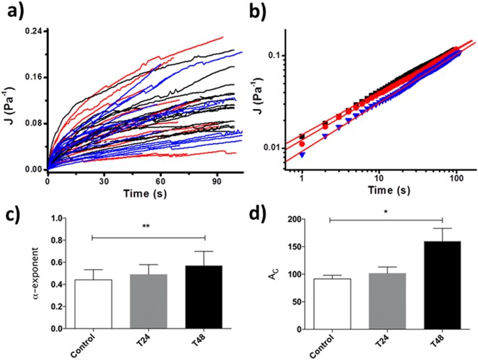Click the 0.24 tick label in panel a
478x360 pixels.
32,31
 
